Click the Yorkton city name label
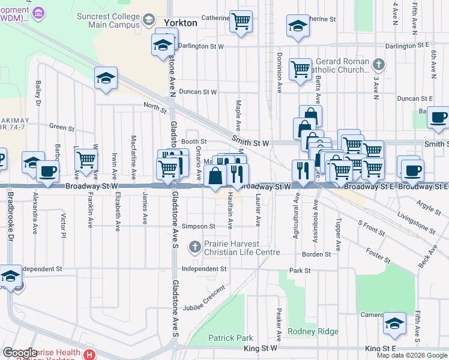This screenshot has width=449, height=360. pyautogui.click(x=179, y=23)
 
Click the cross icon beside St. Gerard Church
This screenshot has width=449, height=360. pyautogui.click(x=378, y=64)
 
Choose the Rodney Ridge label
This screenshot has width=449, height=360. pyautogui.click(x=313, y=331)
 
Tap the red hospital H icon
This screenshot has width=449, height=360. pyautogui.click(x=90, y=355)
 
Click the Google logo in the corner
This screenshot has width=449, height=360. pyautogui.click(x=19, y=353)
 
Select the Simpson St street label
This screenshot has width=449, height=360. pyautogui.click(x=199, y=227)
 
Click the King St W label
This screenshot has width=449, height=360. pyautogui.click(x=261, y=348)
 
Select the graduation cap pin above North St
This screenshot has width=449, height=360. pyautogui.click(x=106, y=78)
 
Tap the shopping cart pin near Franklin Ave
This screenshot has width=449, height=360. pyautogui.click(x=86, y=160)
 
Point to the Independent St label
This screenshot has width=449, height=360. pyautogui.click(x=204, y=269)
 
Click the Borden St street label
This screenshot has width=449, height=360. pyautogui.click(x=316, y=254)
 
